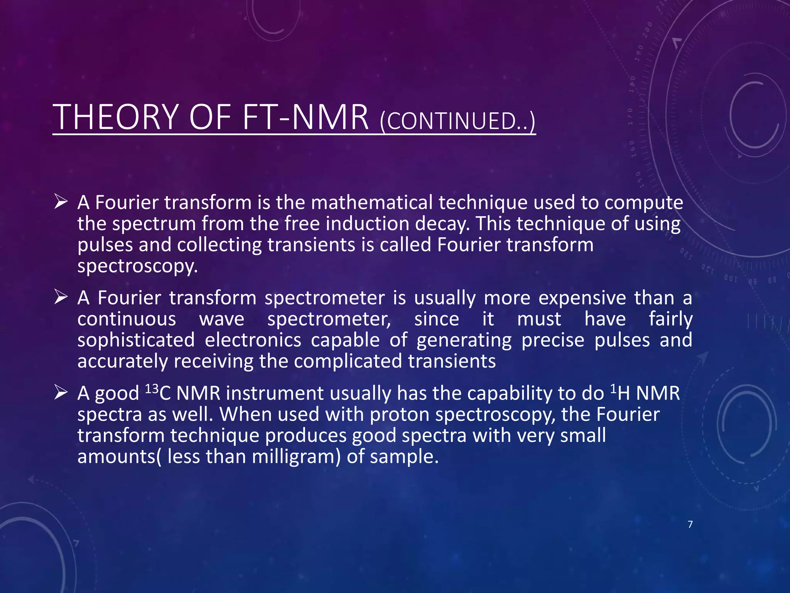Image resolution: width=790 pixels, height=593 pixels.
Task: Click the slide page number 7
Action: [690, 524]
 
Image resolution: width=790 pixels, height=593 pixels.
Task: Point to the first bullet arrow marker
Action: [61, 202]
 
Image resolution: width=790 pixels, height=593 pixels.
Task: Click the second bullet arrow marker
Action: [61, 297]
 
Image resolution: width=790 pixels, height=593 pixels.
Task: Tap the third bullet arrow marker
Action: [61, 392]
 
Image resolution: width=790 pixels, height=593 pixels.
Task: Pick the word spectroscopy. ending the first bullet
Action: [137, 266]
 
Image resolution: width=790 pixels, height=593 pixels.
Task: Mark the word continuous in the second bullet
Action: [127, 319]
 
